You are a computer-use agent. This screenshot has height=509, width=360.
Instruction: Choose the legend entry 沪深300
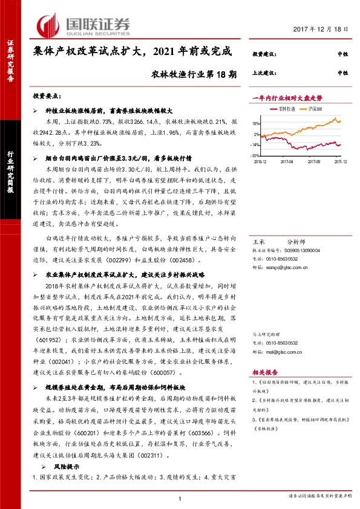pyautogui.click(x=315, y=109)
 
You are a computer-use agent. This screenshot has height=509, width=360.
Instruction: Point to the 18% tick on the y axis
pyautogui.click(x=256, y=123)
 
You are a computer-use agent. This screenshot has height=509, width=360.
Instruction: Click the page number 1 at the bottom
pyautogui.click(x=180, y=498)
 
